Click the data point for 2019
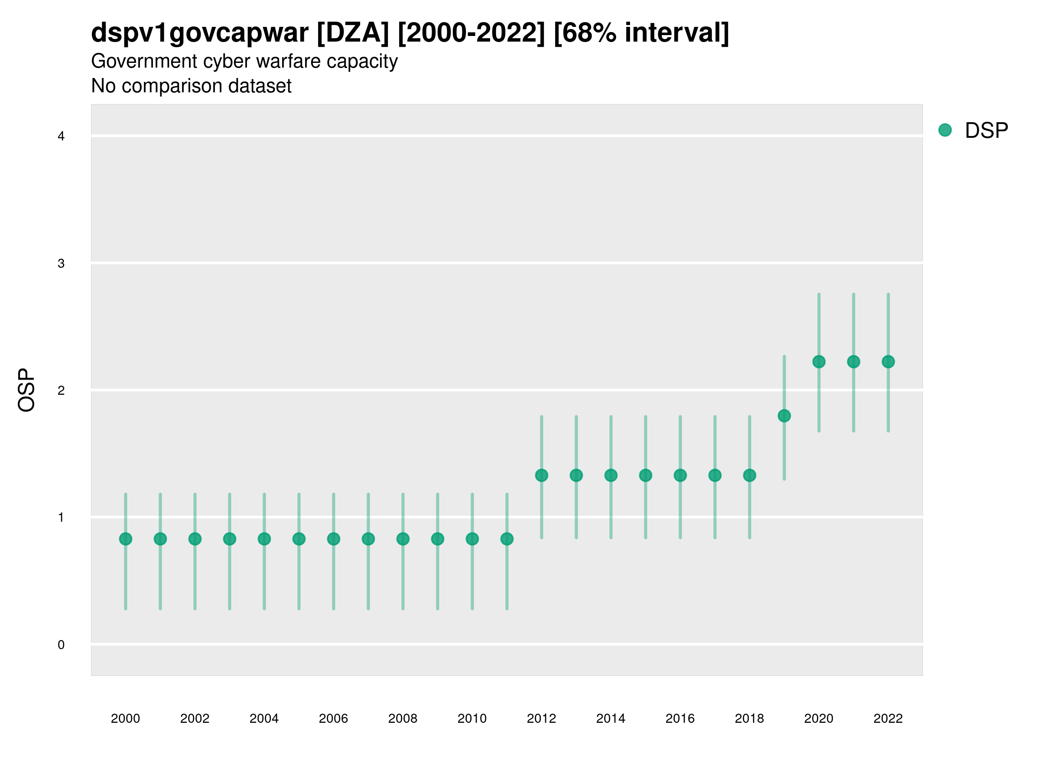784,416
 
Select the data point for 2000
126,539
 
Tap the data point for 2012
542,475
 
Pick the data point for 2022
888,361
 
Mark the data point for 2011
507,539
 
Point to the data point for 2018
749,475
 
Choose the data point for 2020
819,361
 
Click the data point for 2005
299,539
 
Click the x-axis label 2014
611,718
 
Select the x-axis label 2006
333,718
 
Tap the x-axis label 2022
888,718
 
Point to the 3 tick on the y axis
61,263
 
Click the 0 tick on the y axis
61,645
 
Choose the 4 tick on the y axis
61,136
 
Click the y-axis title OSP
27,390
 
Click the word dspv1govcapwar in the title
200,33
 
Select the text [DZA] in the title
353,33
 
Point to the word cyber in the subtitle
227,62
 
